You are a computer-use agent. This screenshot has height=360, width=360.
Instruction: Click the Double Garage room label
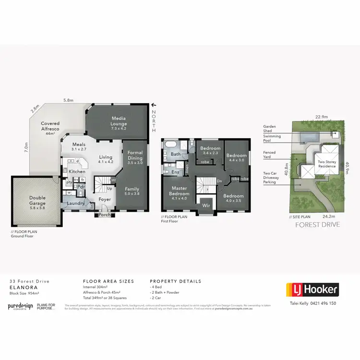[x=37, y=200]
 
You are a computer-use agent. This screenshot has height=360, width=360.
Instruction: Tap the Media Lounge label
[x=119, y=120]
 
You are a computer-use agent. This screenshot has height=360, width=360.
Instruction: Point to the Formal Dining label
[x=135, y=157]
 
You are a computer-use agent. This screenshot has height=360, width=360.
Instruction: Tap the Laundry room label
[x=76, y=203]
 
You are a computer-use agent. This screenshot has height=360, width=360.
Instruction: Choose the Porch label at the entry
[x=105, y=215]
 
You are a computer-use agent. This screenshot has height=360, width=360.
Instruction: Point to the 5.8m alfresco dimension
[x=68, y=100]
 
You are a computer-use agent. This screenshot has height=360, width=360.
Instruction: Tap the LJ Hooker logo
[x=312, y=289]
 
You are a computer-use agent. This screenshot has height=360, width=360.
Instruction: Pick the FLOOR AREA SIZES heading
[x=108, y=281]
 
